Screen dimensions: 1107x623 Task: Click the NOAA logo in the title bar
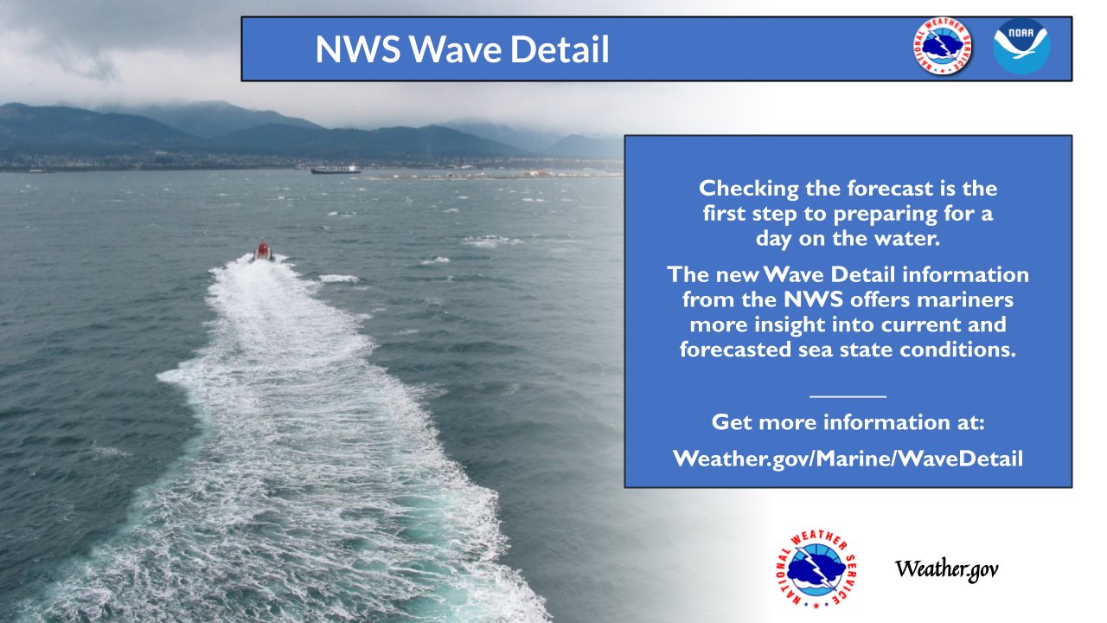[x=1021, y=46]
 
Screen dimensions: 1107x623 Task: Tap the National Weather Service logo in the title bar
[x=943, y=46]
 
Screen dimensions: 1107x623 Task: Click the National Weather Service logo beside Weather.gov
[x=816, y=568]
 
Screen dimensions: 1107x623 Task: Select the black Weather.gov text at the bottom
[x=946, y=569]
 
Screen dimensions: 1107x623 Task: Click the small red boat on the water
[x=263, y=250]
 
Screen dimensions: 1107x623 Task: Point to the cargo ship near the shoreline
[x=336, y=170]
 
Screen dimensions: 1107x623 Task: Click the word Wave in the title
[x=456, y=49]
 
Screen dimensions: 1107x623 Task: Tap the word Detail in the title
[x=560, y=49]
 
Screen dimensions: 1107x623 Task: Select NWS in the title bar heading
[x=358, y=49]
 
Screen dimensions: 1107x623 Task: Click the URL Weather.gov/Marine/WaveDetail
[x=848, y=459]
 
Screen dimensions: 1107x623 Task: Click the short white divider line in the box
[x=848, y=396]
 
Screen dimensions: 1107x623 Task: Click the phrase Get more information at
[x=848, y=423]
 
